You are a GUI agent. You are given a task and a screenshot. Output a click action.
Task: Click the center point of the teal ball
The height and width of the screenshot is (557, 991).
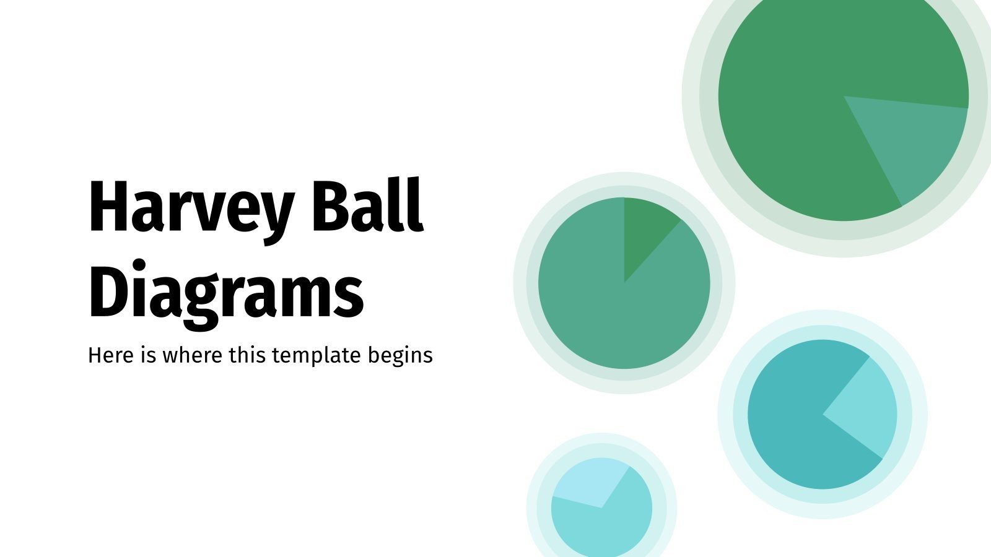click(x=823, y=413)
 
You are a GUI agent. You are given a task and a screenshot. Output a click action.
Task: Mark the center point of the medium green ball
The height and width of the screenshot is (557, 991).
click(x=624, y=283)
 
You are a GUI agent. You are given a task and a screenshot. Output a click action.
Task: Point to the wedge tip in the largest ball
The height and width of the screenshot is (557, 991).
click(x=844, y=97)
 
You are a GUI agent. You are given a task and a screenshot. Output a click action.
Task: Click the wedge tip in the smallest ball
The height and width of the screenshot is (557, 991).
click(x=601, y=508)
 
